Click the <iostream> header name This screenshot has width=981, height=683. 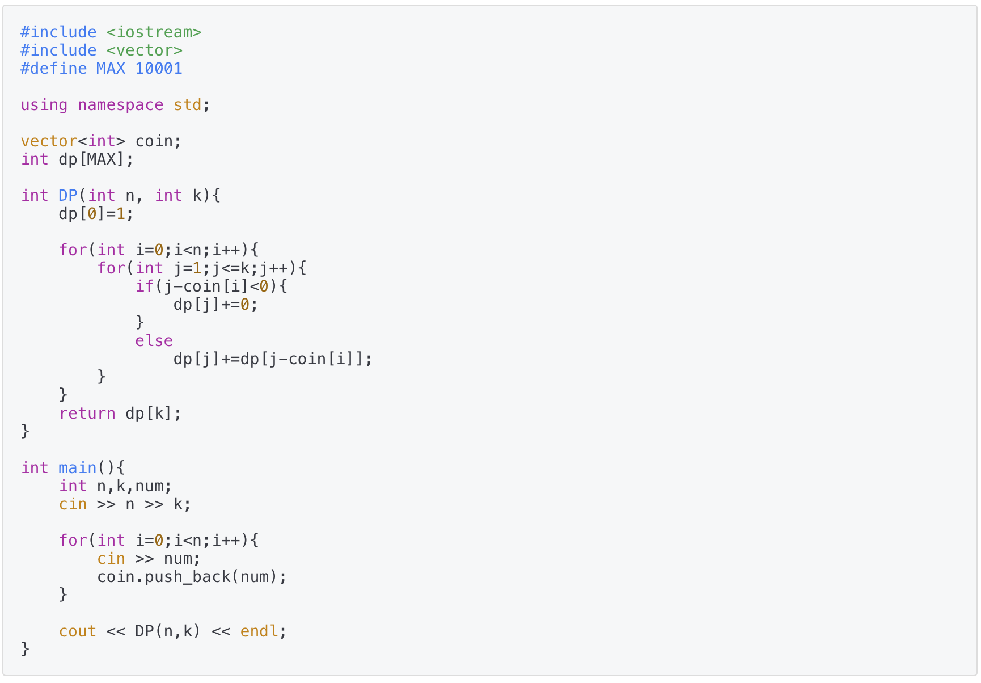[x=154, y=32]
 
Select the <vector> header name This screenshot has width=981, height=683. [x=144, y=50]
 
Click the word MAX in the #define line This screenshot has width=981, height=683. [x=111, y=69]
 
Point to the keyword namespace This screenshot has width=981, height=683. [x=120, y=105]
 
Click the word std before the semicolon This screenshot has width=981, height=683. [x=187, y=105]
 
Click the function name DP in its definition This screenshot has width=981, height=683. [x=67, y=196]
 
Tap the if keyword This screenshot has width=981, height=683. [x=144, y=286]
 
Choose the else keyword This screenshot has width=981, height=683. [x=154, y=341]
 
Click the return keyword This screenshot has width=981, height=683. [x=87, y=414]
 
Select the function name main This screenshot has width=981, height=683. [x=77, y=468]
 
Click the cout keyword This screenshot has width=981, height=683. [x=77, y=631]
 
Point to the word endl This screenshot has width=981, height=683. [x=259, y=631]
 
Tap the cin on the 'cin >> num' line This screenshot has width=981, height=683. [x=111, y=559]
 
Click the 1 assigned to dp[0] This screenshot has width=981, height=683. [x=120, y=214]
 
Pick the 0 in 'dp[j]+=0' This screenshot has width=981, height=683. [x=245, y=305]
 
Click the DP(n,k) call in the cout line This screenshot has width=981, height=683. [x=168, y=631]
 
